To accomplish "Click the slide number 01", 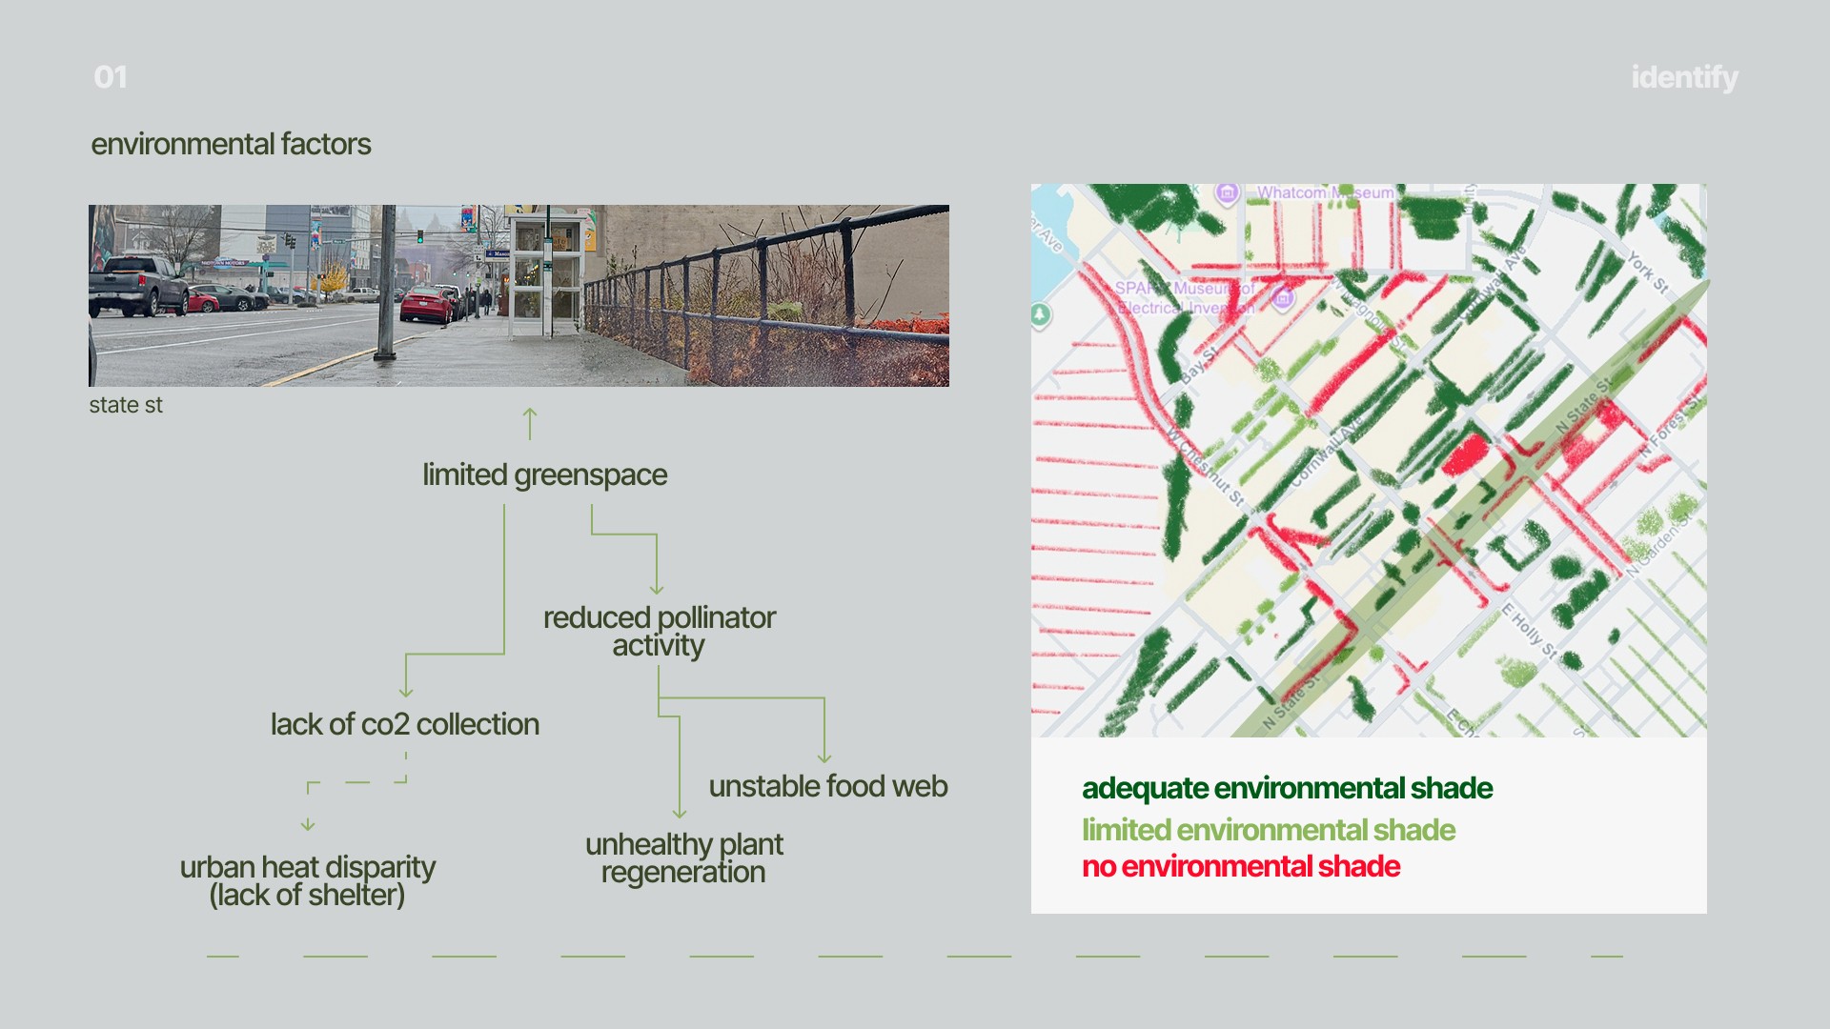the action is pyautogui.click(x=111, y=77).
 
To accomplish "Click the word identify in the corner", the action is pyautogui.click(x=1684, y=77).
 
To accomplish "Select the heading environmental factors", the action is pyautogui.click(x=231, y=144).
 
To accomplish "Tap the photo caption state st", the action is pyautogui.click(x=126, y=405).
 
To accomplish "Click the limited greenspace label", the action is pyautogui.click(x=544, y=474).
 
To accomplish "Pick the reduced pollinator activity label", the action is pyautogui.click(x=660, y=631).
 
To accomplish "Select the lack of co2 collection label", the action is pyautogui.click(x=405, y=724).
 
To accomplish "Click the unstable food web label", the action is pyautogui.click(x=828, y=786).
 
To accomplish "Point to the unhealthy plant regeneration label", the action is pyautogui.click(x=684, y=857).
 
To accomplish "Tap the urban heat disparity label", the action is pyautogui.click(x=307, y=880).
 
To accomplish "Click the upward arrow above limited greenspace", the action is pyautogui.click(x=530, y=424).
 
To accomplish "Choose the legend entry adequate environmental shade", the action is pyautogui.click(x=1287, y=788).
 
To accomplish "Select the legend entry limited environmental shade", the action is pyautogui.click(x=1269, y=830).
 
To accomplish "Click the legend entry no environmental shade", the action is pyautogui.click(x=1241, y=866).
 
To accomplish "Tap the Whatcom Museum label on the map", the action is pyautogui.click(x=1325, y=192).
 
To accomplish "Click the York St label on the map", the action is pyautogui.click(x=1647, y=272).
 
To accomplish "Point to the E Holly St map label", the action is pyautogui.click(x=1529, y=631).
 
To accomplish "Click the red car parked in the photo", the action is pyautogui.click(x=426, y=304).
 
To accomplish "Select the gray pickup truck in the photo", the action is pyautogui.click(x=138, y=285).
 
